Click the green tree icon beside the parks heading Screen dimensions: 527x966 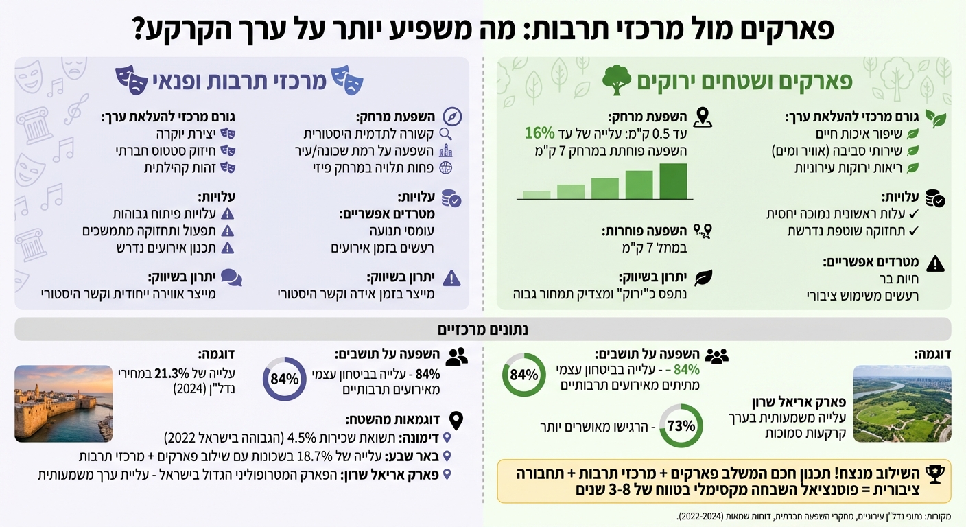[616, 80]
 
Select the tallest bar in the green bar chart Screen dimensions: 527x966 [673, 180]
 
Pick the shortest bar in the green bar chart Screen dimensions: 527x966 [537, 194]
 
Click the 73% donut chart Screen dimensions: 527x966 [681, 425]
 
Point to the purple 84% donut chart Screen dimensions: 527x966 [284, 379]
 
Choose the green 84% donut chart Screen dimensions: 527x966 [524, 375]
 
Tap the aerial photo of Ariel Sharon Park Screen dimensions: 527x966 [902, 403]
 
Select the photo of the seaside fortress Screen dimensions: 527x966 [63, 403]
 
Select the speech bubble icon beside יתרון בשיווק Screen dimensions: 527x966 [231, 278]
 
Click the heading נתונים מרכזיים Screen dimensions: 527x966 [483, 329]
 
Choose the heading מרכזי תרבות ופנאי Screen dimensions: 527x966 [220, 80]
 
